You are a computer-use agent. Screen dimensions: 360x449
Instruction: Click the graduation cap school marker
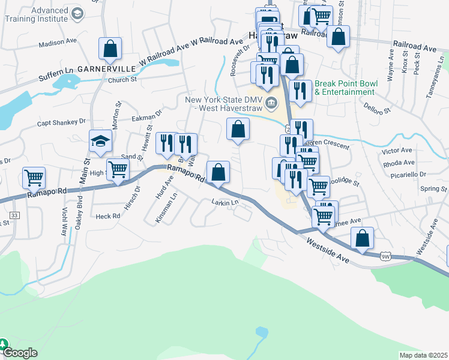[x=101, y=142]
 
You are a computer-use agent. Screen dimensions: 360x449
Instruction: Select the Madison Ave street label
[x=58, y=44]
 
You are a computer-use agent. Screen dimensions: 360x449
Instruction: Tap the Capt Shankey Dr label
[x=61, y=122]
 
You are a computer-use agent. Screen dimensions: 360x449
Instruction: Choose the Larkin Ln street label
[x=225, y=203]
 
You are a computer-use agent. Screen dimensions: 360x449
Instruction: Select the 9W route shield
[x=385, y=257]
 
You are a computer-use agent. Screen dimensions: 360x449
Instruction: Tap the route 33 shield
[x=14, y=215]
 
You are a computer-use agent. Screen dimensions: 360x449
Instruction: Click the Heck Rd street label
[x=107, y=215]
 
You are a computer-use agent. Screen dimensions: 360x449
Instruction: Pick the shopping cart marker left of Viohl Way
[x=34, y=178]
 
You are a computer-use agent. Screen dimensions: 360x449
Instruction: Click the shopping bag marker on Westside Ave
[x=362, y=238]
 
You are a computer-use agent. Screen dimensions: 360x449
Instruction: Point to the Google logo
[x=20, y=353]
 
